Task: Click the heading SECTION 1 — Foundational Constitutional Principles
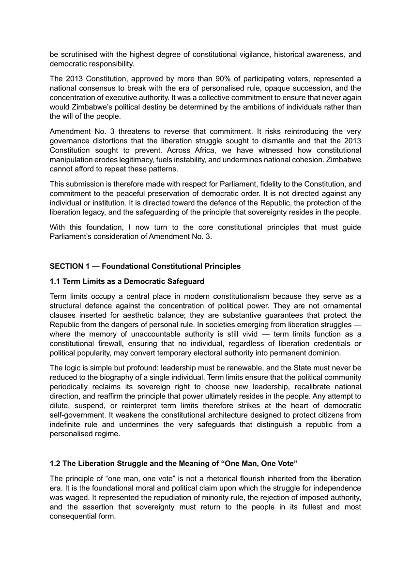pyautogui.click(x=145, y=266)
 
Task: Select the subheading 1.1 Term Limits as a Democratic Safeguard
pyautogui.click(x=127, y=281)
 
